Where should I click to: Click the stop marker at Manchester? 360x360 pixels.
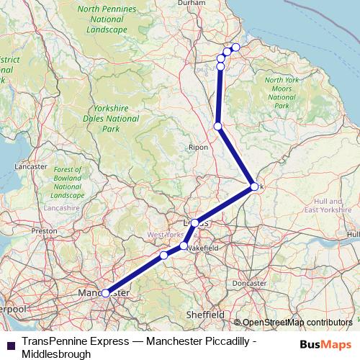[x=106, y=293]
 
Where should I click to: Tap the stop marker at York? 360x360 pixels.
[x=254, y=186]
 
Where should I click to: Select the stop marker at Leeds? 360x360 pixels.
[x=194, y=223]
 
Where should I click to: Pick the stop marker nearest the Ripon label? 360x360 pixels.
[x=218, y=127]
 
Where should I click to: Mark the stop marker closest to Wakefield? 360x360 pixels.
[x=184, y=246]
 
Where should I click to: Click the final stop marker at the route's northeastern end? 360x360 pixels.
[x=235, y=48]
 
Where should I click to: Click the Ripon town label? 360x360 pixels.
[x=198, y=147]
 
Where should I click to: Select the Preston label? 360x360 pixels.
[x=44, y=231]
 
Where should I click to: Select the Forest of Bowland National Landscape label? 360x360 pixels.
[x=68, y=182]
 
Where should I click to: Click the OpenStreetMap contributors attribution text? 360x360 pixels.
[x=299, y=322]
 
